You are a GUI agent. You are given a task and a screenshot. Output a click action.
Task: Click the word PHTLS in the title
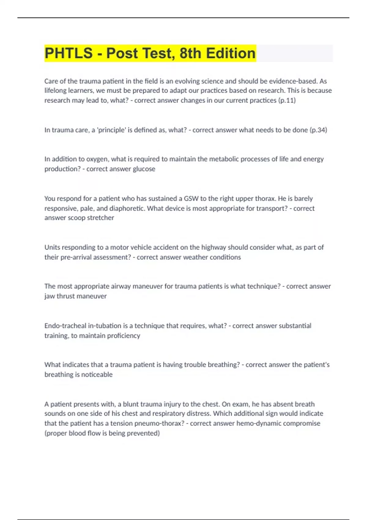pos(69,53)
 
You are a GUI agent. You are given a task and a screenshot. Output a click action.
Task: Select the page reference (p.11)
pos(287,100)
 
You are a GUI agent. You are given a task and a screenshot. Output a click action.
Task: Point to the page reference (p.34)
pos(318,130)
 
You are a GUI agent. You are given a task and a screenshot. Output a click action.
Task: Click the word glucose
pos(144,169)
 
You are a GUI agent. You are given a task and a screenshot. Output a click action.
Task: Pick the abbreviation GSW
pos(191,199)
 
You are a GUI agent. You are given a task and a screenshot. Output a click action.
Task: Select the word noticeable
pos(97,374)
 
